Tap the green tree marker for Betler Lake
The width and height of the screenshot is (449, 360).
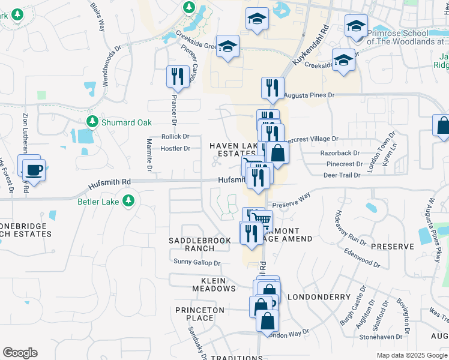[128, 200]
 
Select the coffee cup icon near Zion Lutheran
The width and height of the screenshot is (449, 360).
[32, 170]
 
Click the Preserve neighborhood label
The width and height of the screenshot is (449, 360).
[393, 247]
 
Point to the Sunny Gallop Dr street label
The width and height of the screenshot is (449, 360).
[197, 263]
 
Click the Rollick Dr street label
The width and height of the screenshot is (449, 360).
[175, 137]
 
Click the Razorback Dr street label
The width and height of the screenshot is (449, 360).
[340, 153]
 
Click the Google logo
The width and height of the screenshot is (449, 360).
[20, 353]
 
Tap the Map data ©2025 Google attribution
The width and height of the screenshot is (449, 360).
[411, 355]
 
